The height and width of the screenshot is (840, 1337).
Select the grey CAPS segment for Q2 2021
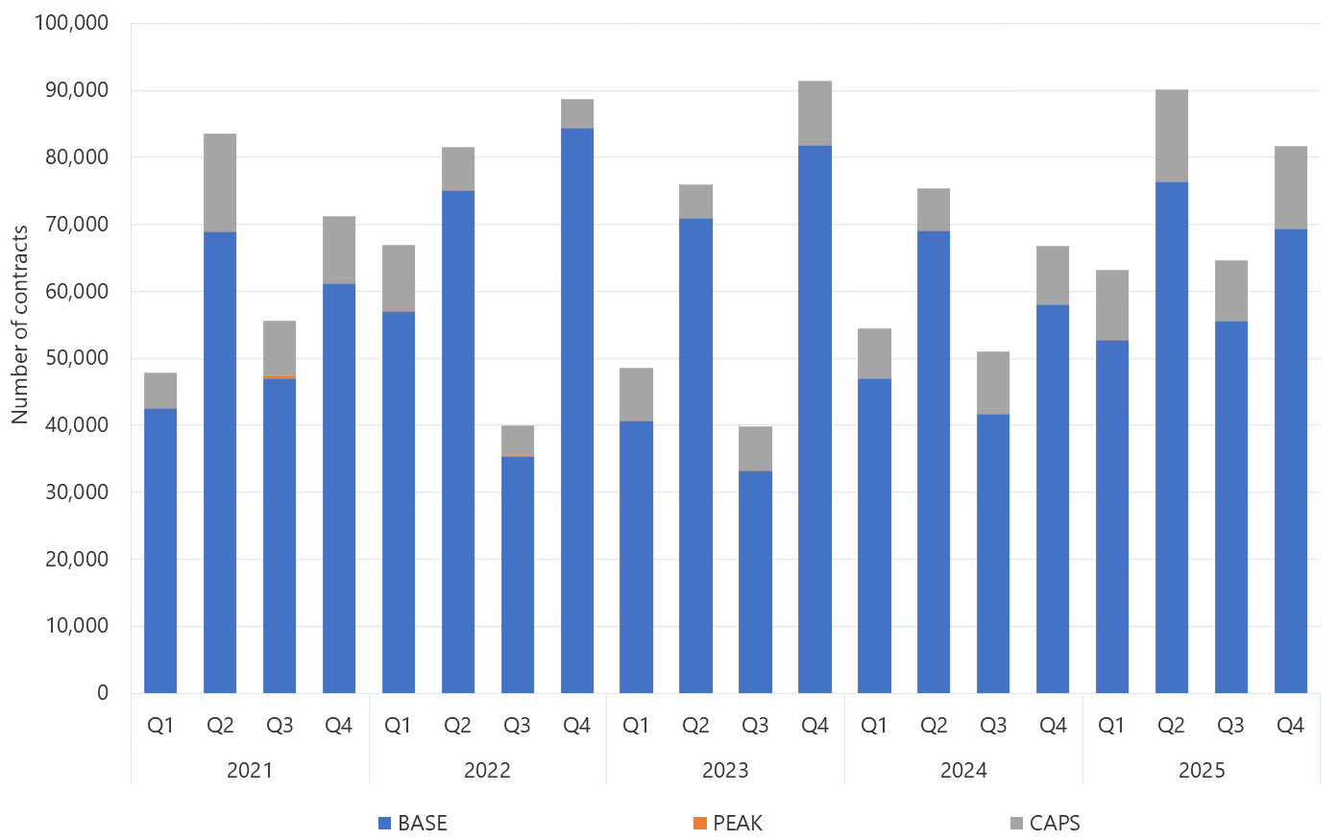coord(220,183)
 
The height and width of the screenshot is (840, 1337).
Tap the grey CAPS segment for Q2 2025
coord(1171,135)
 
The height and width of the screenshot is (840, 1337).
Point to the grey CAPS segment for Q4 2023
coord(814,113)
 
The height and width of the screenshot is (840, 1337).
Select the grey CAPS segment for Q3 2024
coord(993,383)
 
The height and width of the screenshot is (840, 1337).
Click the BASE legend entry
coord(413,824)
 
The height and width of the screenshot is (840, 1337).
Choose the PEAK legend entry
coord(727,824)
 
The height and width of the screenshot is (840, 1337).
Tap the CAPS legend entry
coord(1045,824)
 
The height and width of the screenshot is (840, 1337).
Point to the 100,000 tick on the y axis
coord(71,22)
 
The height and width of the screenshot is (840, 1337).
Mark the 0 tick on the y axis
coord(103,693)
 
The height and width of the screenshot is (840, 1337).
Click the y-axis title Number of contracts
coord(20,324)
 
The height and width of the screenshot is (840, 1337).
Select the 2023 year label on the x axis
coord(725,771)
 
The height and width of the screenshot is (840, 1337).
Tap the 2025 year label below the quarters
coord(1202,771)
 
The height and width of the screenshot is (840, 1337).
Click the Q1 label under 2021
coord(160,726)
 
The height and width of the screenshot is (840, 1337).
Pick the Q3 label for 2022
coord(518,726)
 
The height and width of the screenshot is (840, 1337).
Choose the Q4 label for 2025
coord(1290,726)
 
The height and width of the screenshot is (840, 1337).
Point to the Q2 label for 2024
coord(934,726)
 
